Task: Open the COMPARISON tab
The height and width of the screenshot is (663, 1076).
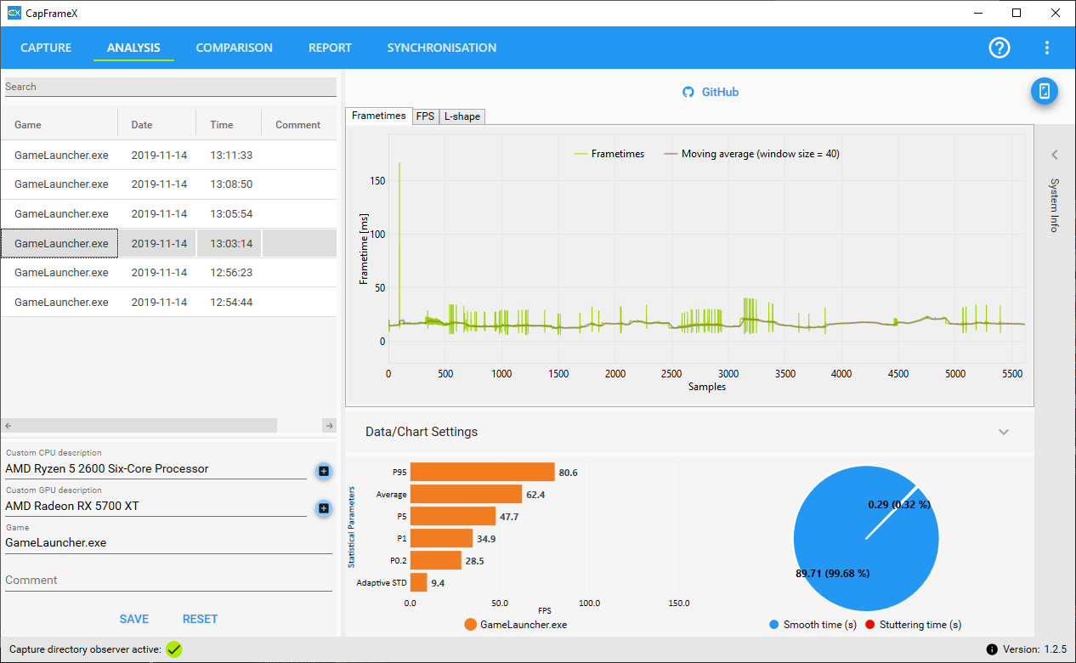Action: pos(234,48)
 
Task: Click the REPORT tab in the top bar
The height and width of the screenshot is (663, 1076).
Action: pos(330,48)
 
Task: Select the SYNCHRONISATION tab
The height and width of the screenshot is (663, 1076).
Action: pos(442,48)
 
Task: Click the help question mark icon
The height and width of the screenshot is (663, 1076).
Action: pos(1000,48)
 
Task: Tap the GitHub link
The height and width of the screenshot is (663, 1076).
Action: pos(711,92)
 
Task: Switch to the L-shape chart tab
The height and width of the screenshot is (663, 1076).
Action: pos(462,116)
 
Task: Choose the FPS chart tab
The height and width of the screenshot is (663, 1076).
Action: pos(425,116)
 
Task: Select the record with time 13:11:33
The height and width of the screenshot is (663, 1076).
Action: pos(231,156)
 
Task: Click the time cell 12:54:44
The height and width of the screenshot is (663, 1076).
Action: pos(231,303)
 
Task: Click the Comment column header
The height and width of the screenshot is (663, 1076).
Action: pos(297,125)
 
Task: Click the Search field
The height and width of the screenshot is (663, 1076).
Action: pos(171,87)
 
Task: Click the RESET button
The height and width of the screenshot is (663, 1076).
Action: pos(201,619)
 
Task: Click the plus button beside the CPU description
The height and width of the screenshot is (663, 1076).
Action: pos(324,471)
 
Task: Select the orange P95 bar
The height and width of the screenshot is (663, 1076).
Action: pos(482,472)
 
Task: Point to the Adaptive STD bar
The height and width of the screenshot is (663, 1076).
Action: pos(418,582)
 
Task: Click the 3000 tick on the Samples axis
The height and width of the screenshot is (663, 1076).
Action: pos(728,374)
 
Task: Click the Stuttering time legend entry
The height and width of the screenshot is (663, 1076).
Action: pos(913,625)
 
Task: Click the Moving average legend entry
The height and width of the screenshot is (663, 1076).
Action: pos(752,154)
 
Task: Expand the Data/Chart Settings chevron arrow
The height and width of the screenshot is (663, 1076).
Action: pos(1004,432)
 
